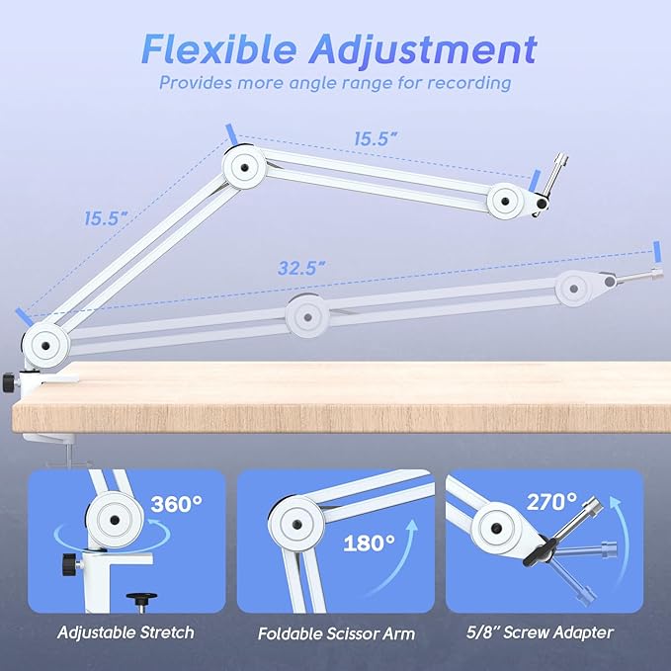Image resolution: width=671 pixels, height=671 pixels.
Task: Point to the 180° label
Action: tap(370, 543)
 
